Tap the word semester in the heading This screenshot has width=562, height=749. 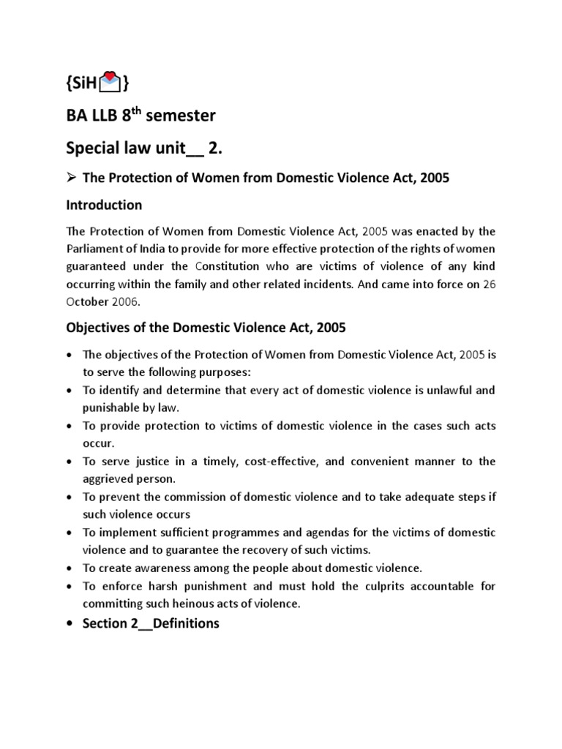[182, 116]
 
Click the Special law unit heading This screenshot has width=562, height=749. [142, 148]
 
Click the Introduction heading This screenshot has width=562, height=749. [103, 205]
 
